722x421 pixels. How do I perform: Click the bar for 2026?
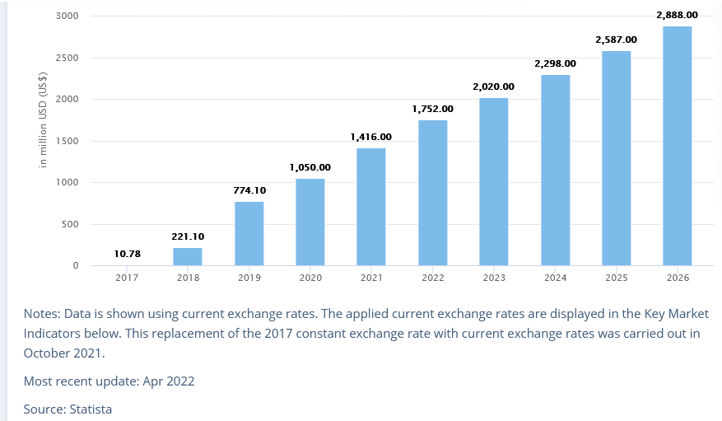click(677, 146)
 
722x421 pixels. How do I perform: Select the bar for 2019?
click(249, 233)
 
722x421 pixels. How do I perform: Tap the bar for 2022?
click(432, 193)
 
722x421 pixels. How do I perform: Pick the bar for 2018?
click(188, 256)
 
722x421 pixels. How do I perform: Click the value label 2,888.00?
click(677, 15)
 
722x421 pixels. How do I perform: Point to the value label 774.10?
click(249, 190)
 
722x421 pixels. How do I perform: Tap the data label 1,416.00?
click(370, 137)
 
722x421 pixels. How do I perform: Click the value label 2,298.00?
click(555, 63)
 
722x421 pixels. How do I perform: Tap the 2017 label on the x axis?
click(127, 278)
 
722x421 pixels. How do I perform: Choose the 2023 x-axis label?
click(494, 278)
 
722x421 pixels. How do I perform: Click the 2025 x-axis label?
click(617, 278)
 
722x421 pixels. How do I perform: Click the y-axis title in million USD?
click(43, 120)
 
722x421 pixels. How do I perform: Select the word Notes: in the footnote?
click(44, 314)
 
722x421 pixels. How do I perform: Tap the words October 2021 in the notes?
click(63, 353)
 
